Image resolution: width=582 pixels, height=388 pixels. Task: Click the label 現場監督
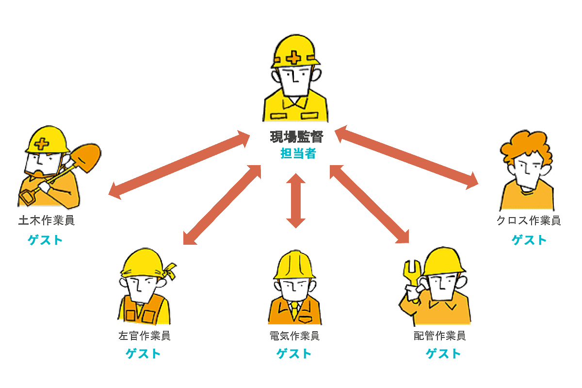tap(296, 137)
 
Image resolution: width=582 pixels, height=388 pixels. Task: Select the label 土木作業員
tap(47, 220)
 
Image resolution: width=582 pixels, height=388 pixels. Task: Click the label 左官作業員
tap(144, 336)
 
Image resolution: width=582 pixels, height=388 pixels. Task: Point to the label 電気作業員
tap(294, 336)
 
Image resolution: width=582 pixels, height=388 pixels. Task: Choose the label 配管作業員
tap(439, 336)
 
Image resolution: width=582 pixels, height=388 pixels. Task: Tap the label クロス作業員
tap(529, 220)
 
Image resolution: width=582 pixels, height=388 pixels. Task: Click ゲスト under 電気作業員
tap(294, 354)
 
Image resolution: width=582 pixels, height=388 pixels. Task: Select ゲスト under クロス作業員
tap(529, 239)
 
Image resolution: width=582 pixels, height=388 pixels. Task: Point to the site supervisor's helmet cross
tap(293, 57)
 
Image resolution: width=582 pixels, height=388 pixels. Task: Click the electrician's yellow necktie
tap(294, 308)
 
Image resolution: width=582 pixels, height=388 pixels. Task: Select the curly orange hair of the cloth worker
tap(526, 143)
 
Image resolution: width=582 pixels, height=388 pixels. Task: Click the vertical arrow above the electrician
tap(295, 200)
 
